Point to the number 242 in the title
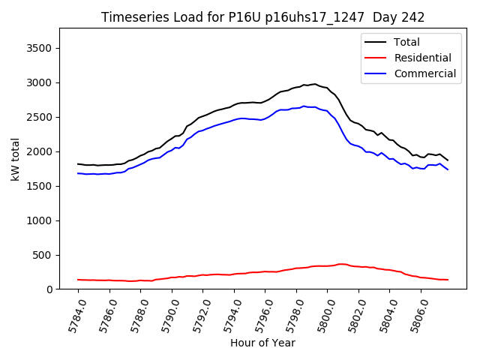point(413,17)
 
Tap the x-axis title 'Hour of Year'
point(262,343)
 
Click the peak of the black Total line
point(315,84)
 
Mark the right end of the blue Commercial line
point(448,169)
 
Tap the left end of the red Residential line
point(78,280)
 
